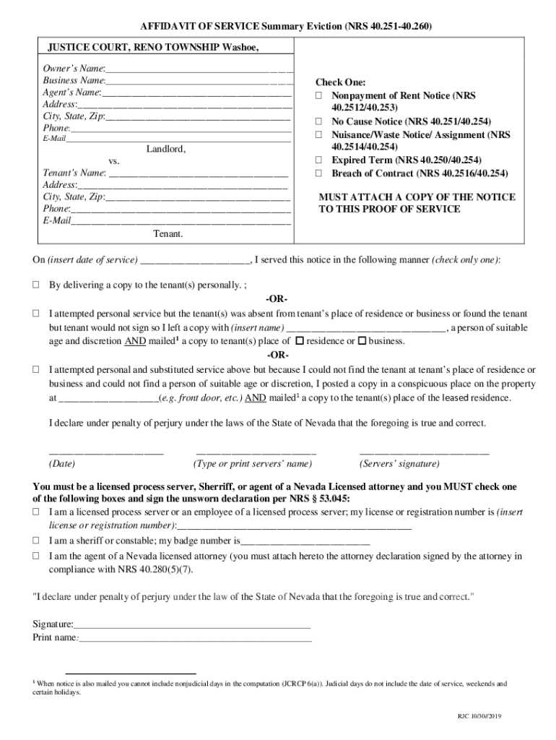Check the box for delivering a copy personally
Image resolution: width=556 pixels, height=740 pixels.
coord(35,285)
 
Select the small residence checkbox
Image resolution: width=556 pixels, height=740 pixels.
coord(300,341)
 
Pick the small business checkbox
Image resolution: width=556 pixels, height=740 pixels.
coord(362,341)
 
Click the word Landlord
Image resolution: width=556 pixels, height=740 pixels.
coord(166,150)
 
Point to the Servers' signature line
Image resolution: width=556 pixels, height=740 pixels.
coord(424,453)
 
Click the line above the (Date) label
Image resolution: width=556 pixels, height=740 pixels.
coord(105,453)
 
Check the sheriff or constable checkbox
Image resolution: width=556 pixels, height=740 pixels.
coord(35,541)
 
